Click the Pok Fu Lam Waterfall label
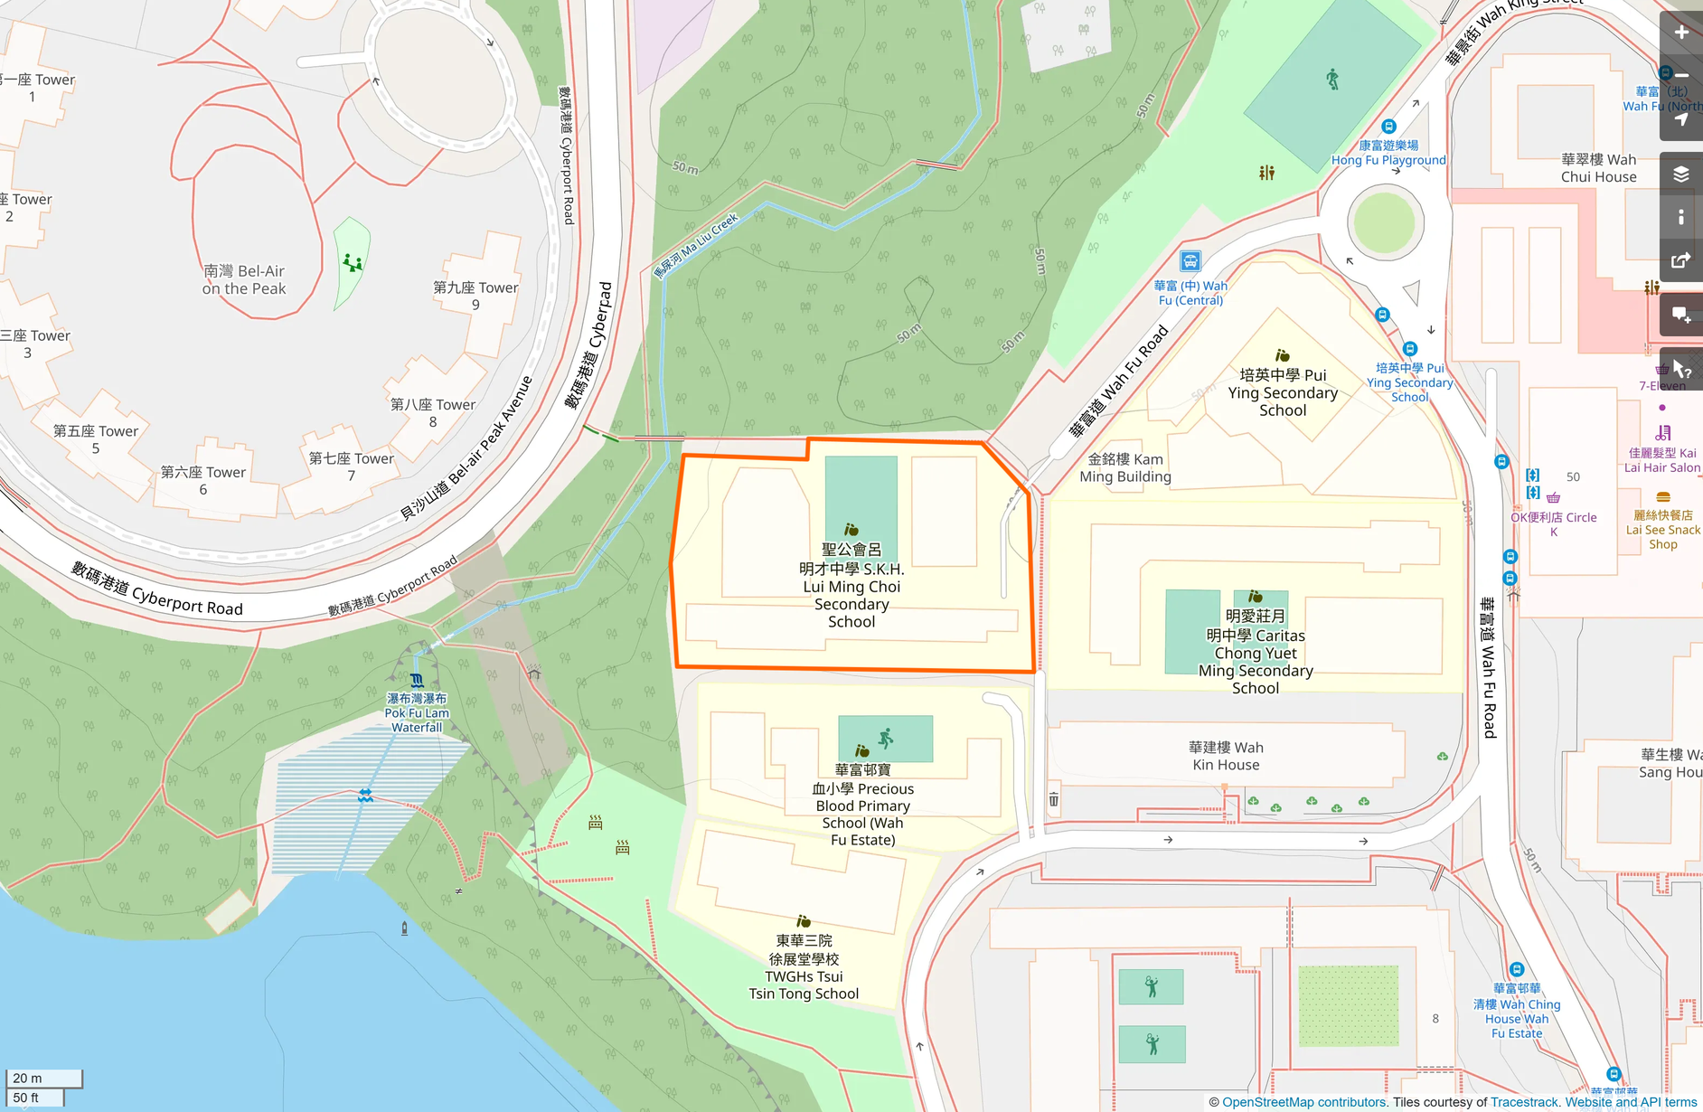pos(417,712)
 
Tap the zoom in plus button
pos(1680,33)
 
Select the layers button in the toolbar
pos(1680,174)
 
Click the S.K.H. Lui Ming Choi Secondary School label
pos(851,586)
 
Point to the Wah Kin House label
pos(1226,756)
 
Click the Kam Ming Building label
pos(1125,467)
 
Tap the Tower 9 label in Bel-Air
pos(475,296)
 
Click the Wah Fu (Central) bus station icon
pos(1190,262)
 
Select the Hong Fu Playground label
pos(1388,153)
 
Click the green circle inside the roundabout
pos(1385,222)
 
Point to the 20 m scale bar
pos(43,1078)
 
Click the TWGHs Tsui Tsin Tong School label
pos(804,967)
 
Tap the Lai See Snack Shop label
pos(1662,529)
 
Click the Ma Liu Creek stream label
pos(697,245)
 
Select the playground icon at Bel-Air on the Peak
pos(352,263)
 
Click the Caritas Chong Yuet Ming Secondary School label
pos(1256,652)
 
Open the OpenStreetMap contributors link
pos(1303,1102)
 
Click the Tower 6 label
pos(203,480)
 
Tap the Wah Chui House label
pos(1598,168)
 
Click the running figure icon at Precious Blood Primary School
pos(886,738)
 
